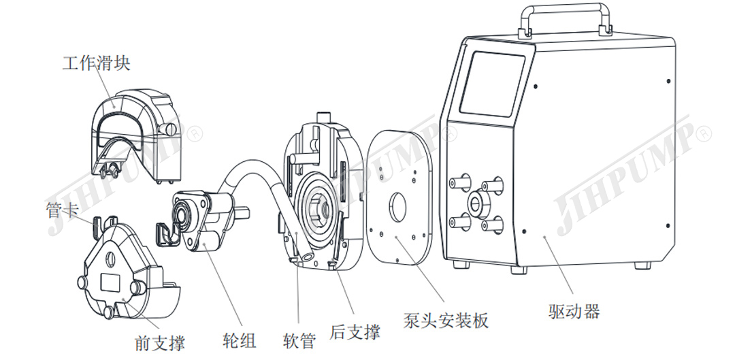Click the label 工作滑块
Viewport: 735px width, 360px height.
pos(96,63)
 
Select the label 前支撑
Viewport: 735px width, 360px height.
pos(159,342)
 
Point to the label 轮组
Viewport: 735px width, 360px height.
pos(240,339)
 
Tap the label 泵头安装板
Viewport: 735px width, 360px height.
pos(446,320)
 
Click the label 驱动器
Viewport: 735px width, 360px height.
pos(574,312)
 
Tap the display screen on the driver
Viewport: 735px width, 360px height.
pos(493,84)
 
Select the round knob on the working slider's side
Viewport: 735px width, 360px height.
pos(166,129)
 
